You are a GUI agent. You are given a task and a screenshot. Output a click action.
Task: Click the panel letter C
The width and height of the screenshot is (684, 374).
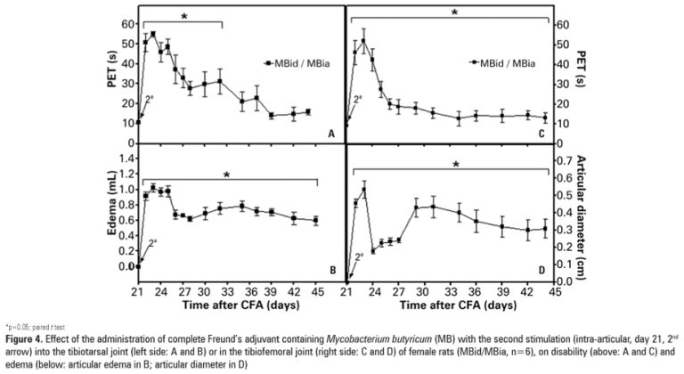click(541, 134)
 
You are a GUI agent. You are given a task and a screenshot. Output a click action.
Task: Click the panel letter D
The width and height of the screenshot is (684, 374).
click(541, 270)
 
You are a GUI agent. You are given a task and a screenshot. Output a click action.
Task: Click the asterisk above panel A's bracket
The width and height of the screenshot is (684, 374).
click(183, 17)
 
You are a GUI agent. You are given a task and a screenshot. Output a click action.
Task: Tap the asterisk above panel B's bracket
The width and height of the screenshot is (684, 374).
click(227, 176)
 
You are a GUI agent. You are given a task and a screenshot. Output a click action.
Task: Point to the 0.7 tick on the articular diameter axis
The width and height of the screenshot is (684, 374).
click(564, 159)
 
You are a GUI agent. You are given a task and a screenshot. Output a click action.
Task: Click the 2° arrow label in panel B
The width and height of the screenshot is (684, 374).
click(151, 242)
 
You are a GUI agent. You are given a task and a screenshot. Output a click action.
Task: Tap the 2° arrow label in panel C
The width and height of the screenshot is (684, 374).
click(358, 101)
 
